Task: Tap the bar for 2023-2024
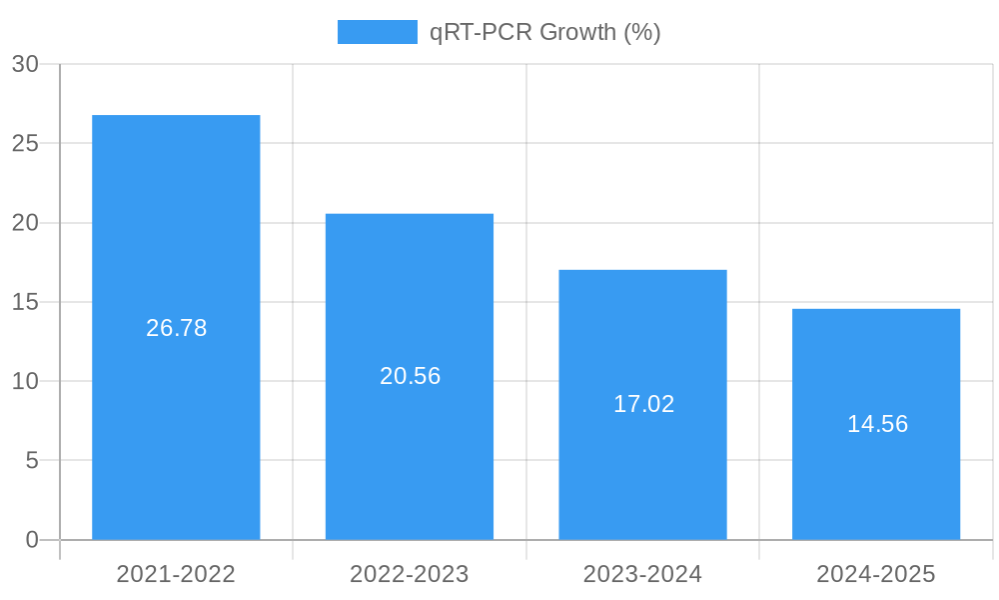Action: [x=642, y=330]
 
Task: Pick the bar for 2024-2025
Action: [x=876, y=360]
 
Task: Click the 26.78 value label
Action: [x=177, y=328]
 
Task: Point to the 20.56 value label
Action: [x=410, y=376]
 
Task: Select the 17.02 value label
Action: [x=643, y=404]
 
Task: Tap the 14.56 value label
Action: [x=877, y=424]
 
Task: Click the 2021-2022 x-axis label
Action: [x=176, y=574]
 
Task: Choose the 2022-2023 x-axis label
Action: [x=410, y=574]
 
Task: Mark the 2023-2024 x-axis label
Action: [x=642, y=574]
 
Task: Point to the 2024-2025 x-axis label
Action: [x=876, y=574]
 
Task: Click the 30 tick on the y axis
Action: [x=25, y=64]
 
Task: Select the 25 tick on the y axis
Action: [x=25, y=143]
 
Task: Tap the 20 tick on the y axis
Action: [x=25, y=223]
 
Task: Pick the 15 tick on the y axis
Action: [x=25, y=302]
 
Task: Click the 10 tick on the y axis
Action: [x=25, y=381]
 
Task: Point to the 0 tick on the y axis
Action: [x=31, y=540]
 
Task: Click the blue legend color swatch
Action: [x=377, y=32]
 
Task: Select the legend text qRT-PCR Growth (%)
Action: [x=545, y=32]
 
